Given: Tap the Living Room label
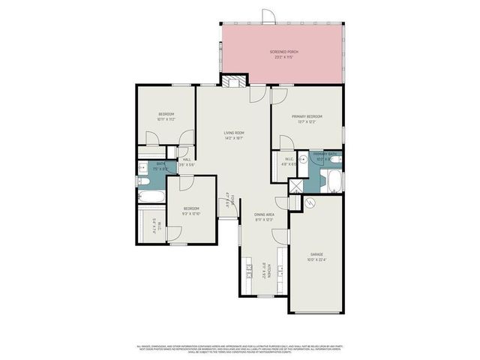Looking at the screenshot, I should (234, 135).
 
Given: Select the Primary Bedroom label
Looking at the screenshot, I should (307, 118).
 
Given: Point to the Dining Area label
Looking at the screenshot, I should (264, 216).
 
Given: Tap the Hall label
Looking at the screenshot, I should (186, 161).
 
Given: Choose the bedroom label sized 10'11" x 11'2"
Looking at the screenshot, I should (166, 116).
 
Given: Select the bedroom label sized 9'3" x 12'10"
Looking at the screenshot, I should (191, 211).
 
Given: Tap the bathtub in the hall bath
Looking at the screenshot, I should (151, 197).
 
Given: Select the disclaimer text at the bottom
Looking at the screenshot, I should (240, 349).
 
